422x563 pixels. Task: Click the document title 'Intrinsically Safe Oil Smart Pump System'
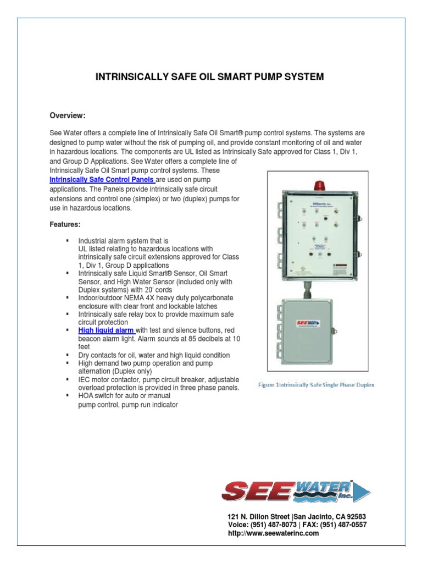(210, 77)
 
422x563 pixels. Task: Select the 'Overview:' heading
(68, 115)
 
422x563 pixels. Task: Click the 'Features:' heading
(65, 225)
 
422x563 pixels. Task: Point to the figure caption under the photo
(316, 385)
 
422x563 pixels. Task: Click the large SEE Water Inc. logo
(297, 490)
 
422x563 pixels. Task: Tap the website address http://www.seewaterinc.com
(273, 533)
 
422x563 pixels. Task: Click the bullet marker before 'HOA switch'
(67, 395)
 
